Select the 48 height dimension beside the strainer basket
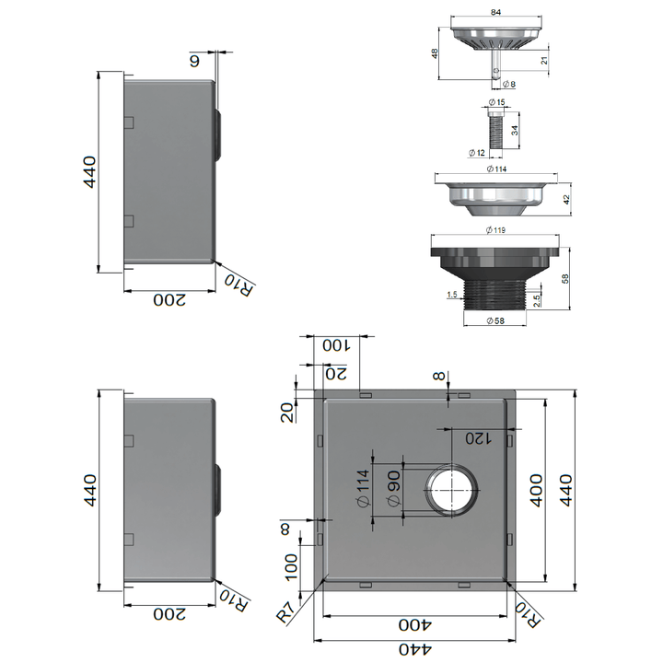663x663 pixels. click(436, 53)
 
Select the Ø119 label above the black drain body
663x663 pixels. click(495, 230)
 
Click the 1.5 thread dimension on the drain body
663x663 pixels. click(450, 295)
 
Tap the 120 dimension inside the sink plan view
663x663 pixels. click(480, 437)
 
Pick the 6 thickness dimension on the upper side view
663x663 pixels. click(194, 61)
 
